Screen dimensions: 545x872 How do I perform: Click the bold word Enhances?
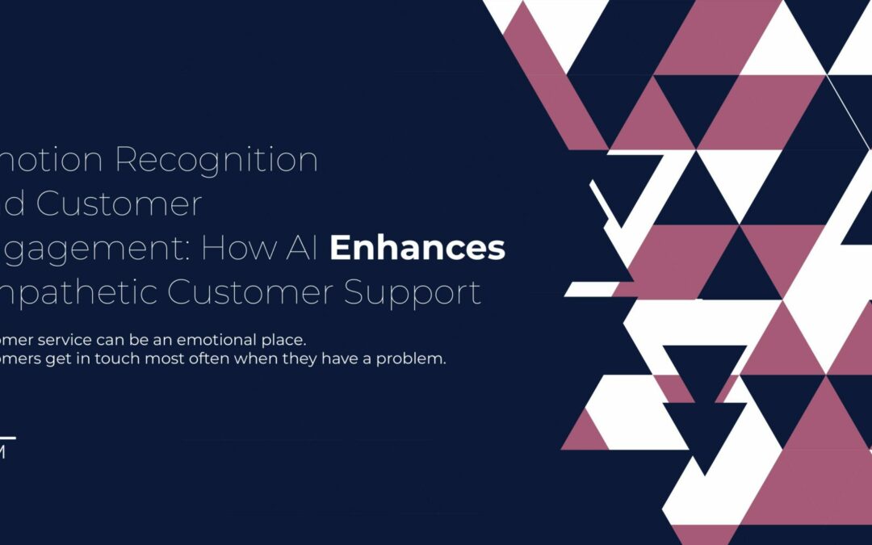(x=417, y=248)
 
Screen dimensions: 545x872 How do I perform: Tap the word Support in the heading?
(x=413, y=291)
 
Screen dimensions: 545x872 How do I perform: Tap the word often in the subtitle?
(x=207, y=358)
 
